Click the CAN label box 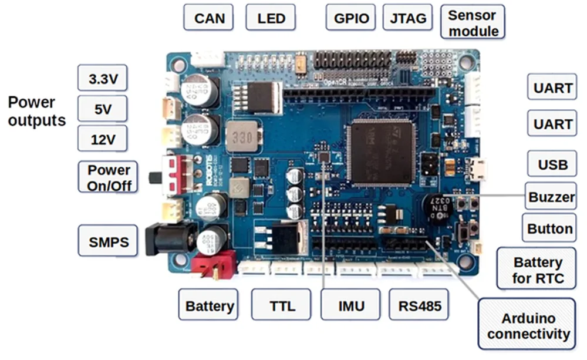coord(209,18)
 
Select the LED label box coord(271,18)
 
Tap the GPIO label coord(351,18)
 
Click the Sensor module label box coord(473,23)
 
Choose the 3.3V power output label coord(102,78)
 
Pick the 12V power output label coord(102,140)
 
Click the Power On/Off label coord(109,177)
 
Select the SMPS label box coord(108,241)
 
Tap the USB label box coord(552,164)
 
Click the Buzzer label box coord(550,197)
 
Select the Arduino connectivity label coord(528,327)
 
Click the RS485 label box coord(419,305)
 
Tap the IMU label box coord(351,305)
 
